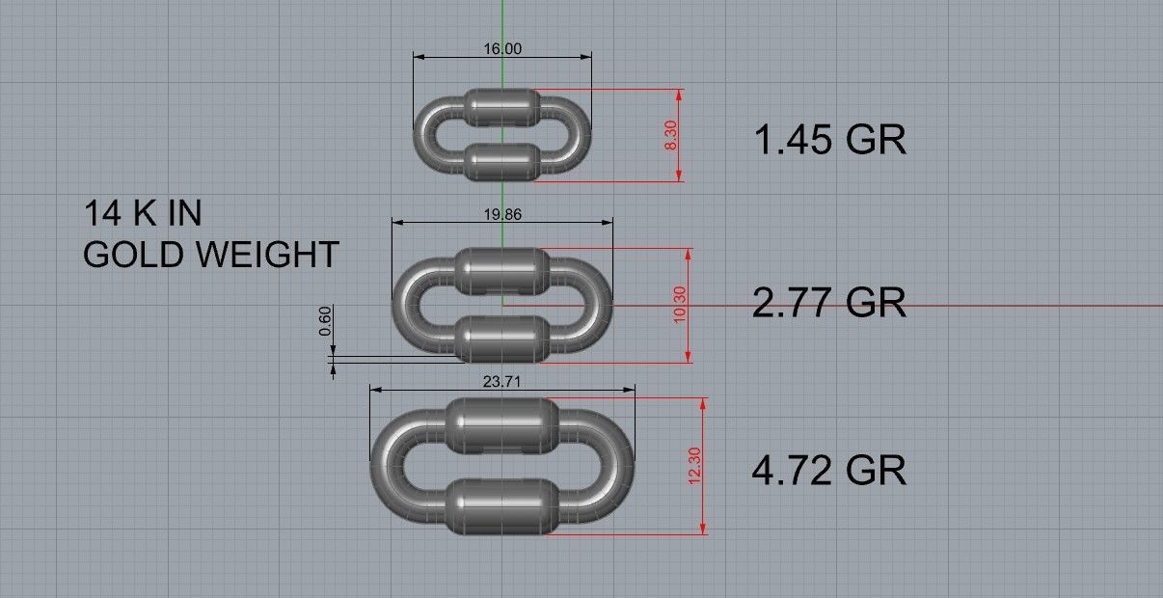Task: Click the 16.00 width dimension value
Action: [x=502, y=48]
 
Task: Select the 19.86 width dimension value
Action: [x=502, y=214]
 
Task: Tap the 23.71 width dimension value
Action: [x=502, y=382]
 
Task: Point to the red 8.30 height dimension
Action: [x=671, y=135]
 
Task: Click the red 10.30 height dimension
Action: [x=680, y=305]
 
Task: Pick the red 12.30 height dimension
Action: [x=695, y=466]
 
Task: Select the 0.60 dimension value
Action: [x=325, y=320]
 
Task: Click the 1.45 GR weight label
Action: [x=829, y=141]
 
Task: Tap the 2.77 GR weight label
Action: [x=829, y=302]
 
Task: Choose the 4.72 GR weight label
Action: [x=829, y=472]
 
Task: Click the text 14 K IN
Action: [x=143, y=213]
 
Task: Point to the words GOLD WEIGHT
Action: [x=210, y=255]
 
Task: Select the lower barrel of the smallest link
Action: [x=501, y=161]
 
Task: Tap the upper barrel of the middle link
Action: [x=501, y=270]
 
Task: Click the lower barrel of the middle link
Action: [x=501, y=338]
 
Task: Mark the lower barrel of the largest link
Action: [x=501, y=505]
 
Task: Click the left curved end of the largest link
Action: [x=386, y=467]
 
